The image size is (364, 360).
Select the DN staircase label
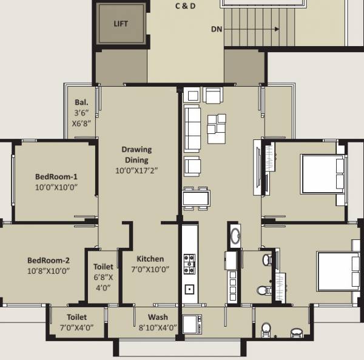[x=217, y=28]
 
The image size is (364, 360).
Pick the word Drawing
[x=136, y=150]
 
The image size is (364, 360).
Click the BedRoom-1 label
[x=56, y=177]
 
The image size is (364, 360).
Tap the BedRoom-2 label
[x=49, y=261]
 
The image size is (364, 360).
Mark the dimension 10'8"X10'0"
[x=49, y=271]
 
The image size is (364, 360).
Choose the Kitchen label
[x=150, y=259]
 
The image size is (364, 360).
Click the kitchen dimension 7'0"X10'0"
[x=150, y=270]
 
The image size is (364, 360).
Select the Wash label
[x=158, y=317]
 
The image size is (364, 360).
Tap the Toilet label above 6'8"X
[x=103, y=267]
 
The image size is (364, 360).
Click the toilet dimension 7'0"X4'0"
[x=76, y=328]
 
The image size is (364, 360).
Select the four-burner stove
[x=190, y=261]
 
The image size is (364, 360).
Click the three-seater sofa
[x=192, y=128]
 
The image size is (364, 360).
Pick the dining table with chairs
[x=196, y=198]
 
